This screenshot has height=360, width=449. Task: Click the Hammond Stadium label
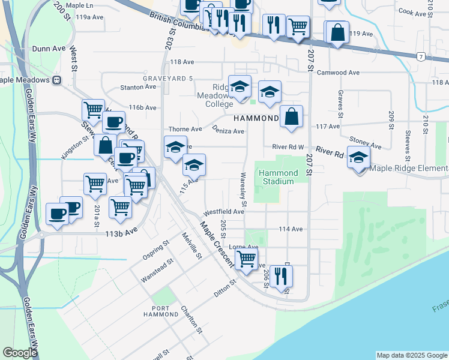click(x=278, y=177)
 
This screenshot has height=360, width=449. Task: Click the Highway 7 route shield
click(x=422, y=56)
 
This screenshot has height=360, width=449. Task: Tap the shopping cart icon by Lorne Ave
click(x=247, y=259)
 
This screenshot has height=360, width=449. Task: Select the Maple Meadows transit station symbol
click(x=56, y=80)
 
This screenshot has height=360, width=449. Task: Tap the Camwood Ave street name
click(x=339, y=73)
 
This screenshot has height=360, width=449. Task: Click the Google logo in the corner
click(x=20, y=353)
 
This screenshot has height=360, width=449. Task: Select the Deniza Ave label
click(x=228, y=131)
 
